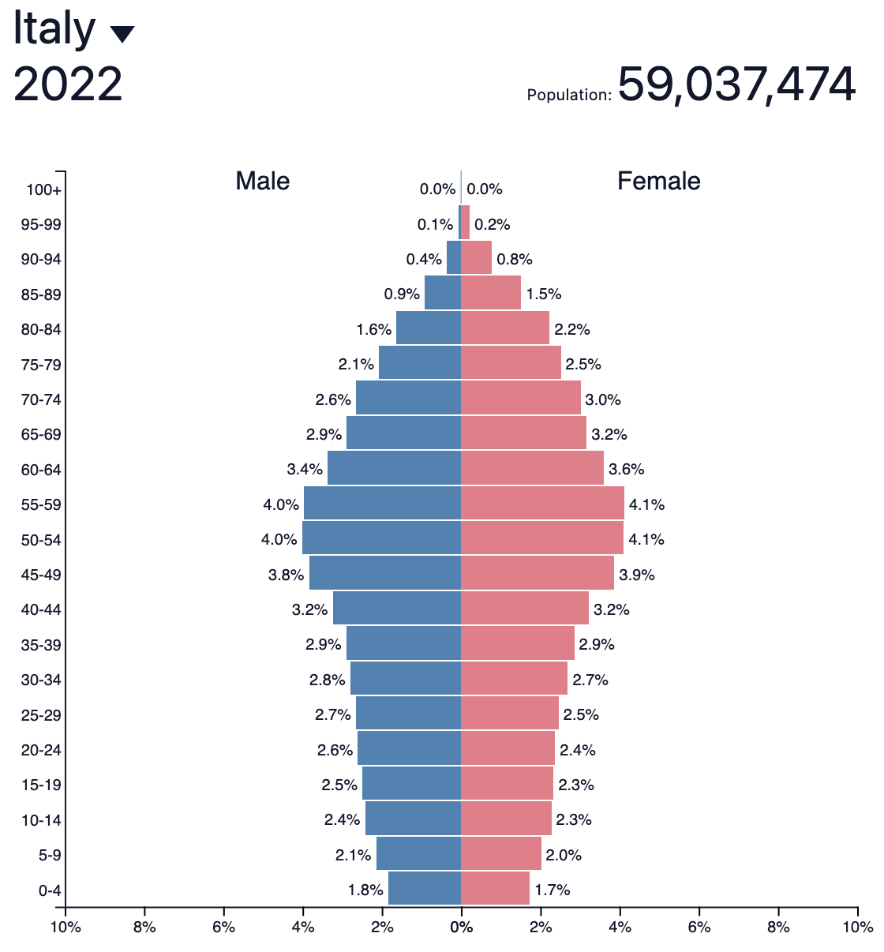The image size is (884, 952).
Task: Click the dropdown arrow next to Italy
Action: coord(122,34)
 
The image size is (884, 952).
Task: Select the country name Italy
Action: coord(54,29)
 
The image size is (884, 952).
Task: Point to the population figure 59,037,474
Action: coord(736,84)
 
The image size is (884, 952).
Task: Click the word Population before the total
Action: coord(568,96)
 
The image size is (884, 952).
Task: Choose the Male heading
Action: coord(263,181)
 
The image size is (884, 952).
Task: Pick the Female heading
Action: coord(658,181)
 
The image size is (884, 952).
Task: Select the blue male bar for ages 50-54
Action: coord(381,539)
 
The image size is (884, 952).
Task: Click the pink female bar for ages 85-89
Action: coord(490,294)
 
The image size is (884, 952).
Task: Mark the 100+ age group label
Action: coord(43,190)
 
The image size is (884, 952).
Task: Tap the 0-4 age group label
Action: coord(49,891)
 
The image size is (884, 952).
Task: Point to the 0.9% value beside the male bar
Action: coord(402,294)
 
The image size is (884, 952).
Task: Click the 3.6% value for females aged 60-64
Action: coord(626,470)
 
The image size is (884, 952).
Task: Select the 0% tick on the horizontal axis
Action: coord(461,927)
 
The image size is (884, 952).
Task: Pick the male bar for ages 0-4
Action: coord(424,889)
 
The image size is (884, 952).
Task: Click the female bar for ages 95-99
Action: coord(466,223)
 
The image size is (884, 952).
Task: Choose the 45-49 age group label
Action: coord(41,575)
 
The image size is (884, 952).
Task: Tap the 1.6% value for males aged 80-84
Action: coord(373,329)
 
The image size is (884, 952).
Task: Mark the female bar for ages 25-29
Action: coord(509,714)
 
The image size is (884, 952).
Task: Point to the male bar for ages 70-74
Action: coord(408,399)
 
